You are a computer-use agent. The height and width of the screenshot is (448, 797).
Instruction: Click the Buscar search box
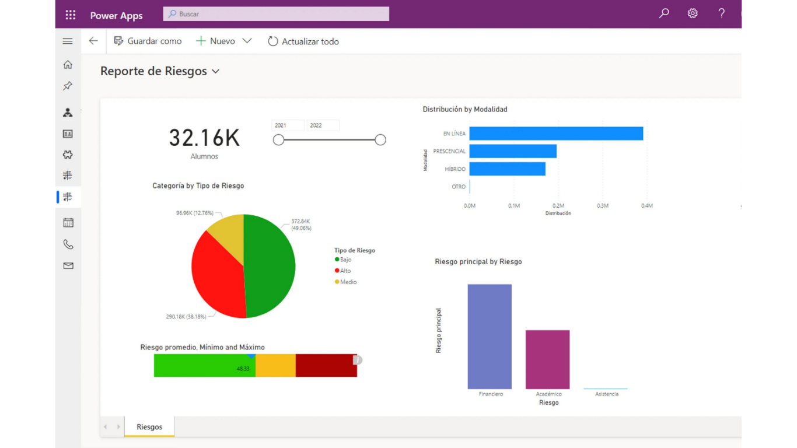coord(275,14)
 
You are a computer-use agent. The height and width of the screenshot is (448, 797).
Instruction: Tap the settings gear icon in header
coord(692,13)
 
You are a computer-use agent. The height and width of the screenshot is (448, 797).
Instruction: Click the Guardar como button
coord(148,41)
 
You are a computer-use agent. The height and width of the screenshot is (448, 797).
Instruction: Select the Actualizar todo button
coord(303,41)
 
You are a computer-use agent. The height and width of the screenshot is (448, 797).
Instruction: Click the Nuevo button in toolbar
coord(216,41)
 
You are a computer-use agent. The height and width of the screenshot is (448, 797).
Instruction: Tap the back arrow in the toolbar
coord(93,41)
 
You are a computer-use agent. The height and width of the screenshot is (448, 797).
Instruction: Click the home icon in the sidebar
coord(68,65)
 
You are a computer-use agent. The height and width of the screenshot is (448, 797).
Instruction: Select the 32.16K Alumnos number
coord(204,138)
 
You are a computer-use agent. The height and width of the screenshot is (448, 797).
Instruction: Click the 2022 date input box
coord(323,125)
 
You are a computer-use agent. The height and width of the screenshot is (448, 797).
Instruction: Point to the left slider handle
coord(279,140)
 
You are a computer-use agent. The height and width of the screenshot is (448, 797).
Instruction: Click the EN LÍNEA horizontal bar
coord(555,134)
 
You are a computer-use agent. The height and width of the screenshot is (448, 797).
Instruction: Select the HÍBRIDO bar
coord(507,169)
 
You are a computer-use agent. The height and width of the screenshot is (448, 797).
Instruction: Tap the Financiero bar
coord(490,336)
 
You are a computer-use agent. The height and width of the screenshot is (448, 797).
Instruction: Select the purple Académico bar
coord(547,359)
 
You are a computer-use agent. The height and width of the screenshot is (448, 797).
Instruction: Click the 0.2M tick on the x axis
coord(558,206)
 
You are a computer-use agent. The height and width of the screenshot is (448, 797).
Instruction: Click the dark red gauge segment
coord(326,365)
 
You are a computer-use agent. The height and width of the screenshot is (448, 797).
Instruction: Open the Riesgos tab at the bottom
coord(149,427)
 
